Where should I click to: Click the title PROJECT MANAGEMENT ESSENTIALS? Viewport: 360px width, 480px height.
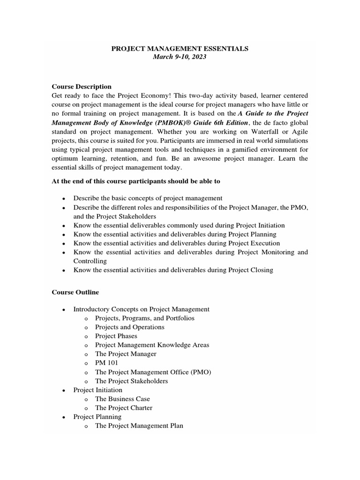[180, 48]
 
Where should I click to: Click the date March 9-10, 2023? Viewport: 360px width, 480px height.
[180, 57]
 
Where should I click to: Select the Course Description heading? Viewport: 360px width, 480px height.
[82, 87]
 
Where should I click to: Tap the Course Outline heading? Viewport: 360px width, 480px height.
[75, 292]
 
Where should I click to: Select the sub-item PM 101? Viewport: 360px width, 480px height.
[106, 363]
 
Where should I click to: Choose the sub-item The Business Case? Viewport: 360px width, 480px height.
[122, 399]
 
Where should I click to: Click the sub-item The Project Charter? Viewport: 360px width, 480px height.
[123, 408]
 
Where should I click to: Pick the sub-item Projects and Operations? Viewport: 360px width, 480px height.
[129, 327]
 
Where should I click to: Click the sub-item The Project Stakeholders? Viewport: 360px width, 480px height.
[131, 381]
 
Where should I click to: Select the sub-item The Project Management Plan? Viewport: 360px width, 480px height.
[139, 426]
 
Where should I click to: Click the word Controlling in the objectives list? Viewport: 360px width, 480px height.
[90, 261]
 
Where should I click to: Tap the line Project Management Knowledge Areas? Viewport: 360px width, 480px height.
[152, 345]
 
